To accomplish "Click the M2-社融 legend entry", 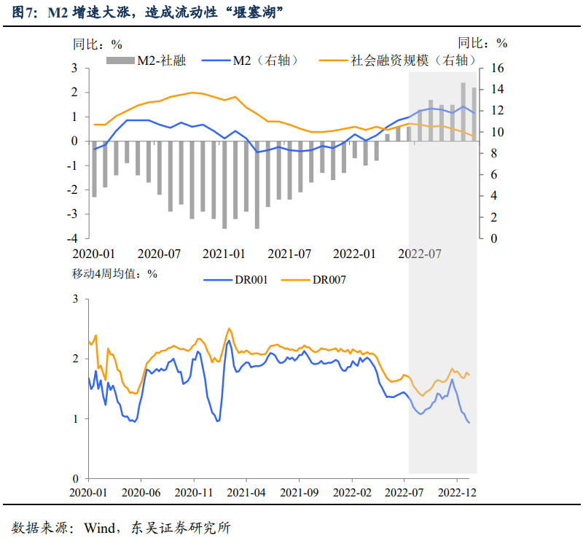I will [146, 61].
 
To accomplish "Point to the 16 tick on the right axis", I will [497, 69].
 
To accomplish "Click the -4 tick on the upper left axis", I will [74, 238].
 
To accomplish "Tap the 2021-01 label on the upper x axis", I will [224, 254].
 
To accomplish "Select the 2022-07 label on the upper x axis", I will [421, 254].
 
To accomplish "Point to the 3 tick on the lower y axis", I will [76, 299].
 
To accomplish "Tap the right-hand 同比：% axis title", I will [482, 43].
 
